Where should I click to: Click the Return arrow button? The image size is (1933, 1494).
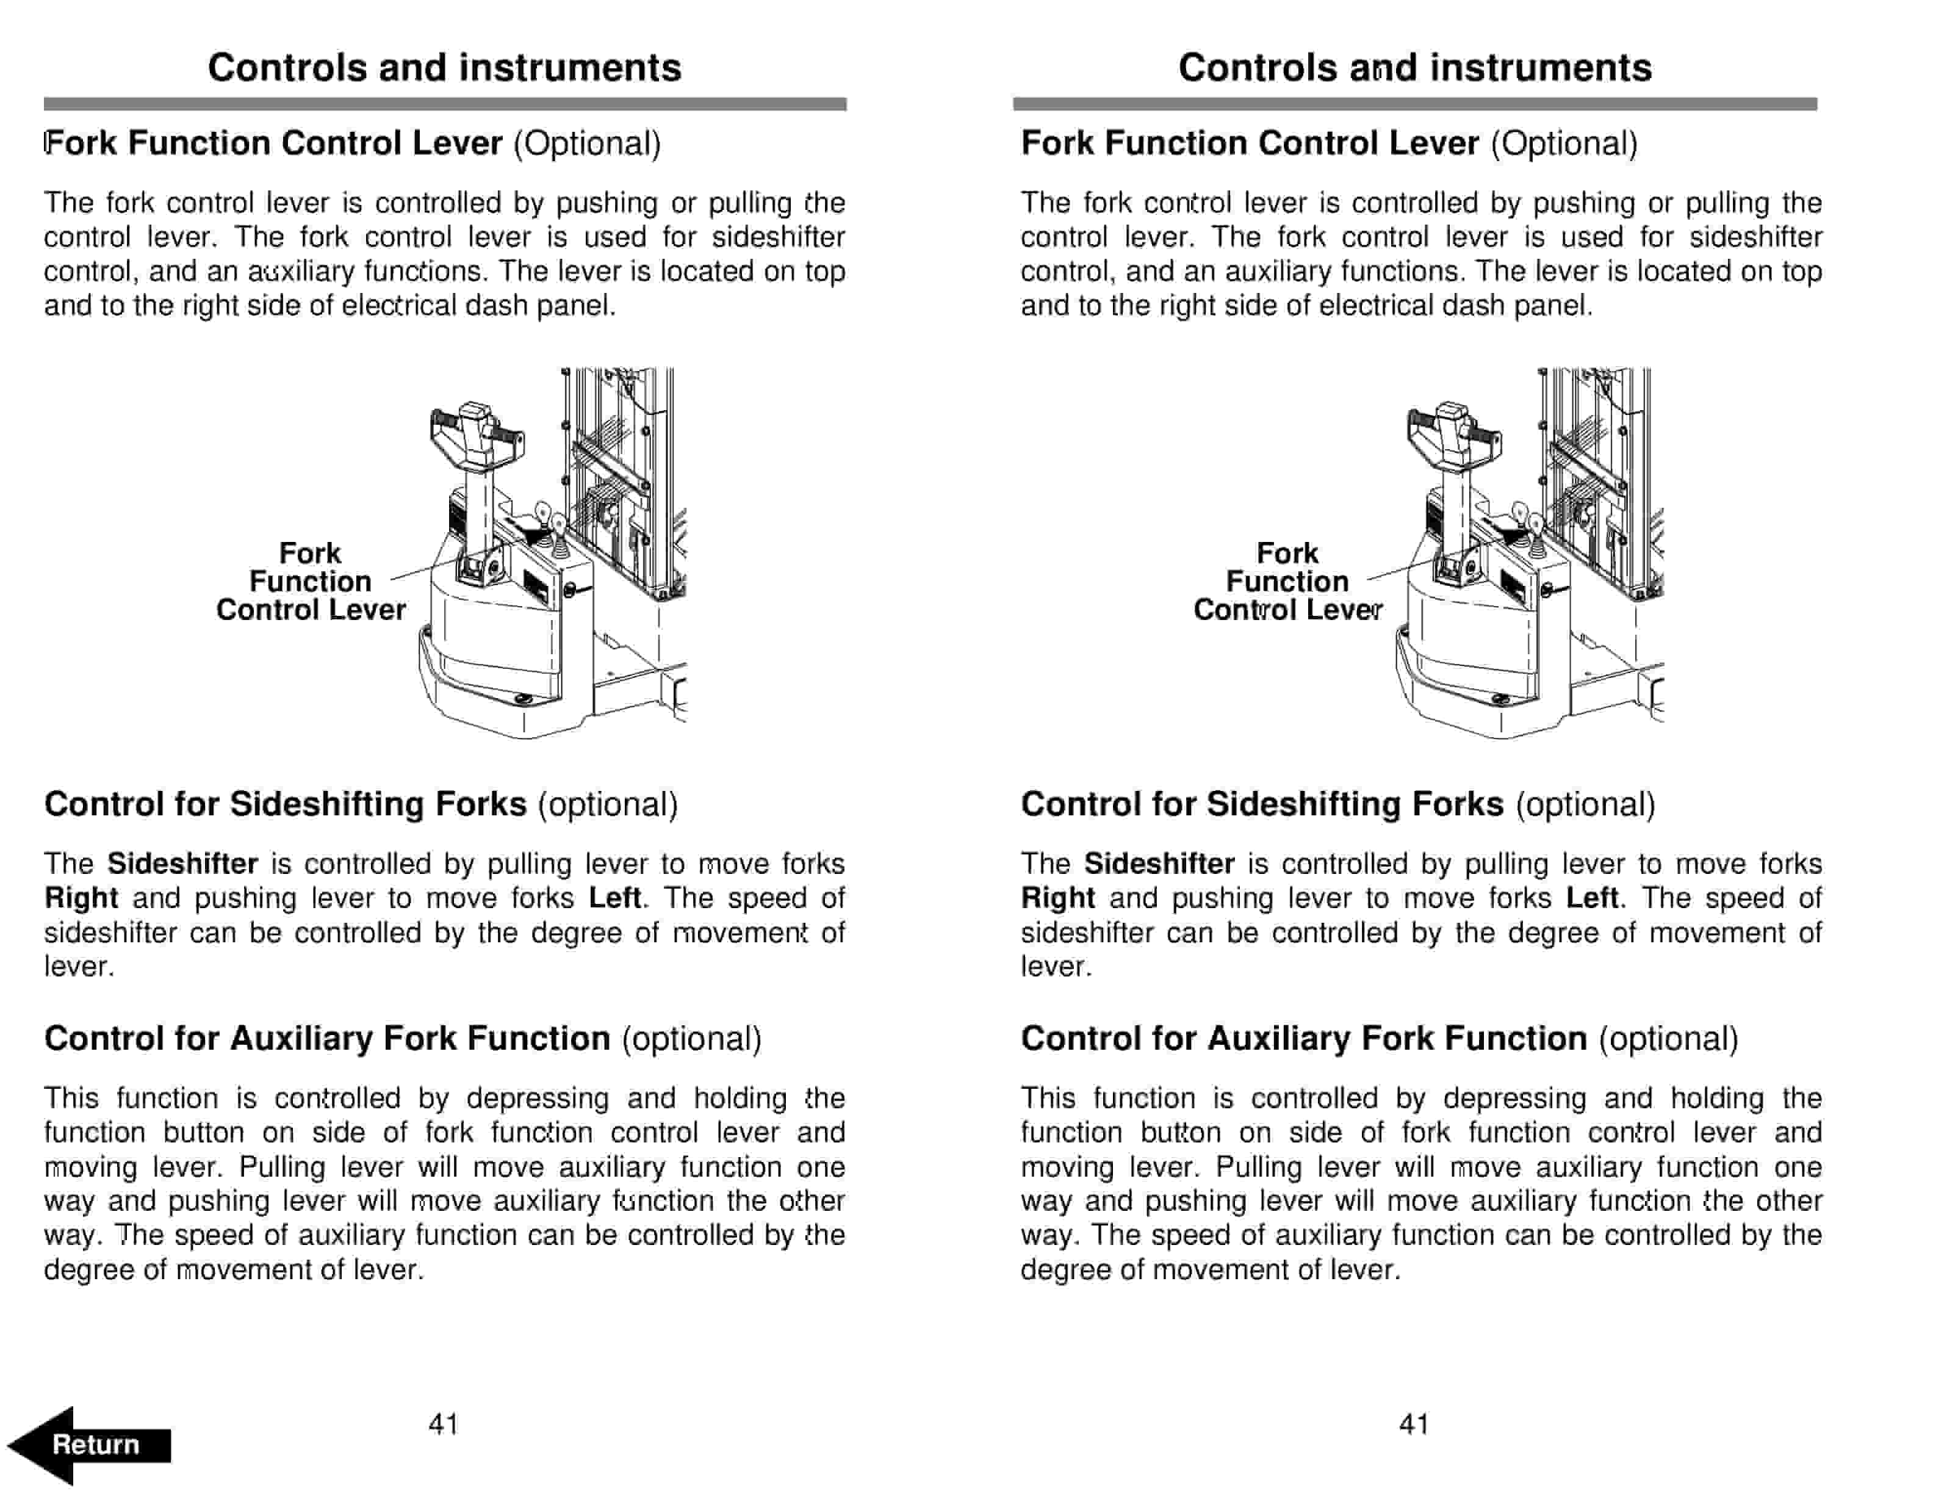point(88,1445)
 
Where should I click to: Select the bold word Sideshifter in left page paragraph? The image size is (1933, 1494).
point(182,864)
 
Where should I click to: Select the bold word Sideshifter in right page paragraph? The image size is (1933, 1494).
point(1159,864)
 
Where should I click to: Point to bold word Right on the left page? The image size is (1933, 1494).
point(81,898)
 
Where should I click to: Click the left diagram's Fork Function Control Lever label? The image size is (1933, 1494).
point(311,582)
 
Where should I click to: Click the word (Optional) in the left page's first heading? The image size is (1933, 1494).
point(587,143)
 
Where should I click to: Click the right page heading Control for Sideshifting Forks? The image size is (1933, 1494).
point(1261,804)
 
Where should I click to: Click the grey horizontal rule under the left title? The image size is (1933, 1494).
point(444,104)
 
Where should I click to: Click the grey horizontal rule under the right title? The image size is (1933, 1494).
point(1414,104)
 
